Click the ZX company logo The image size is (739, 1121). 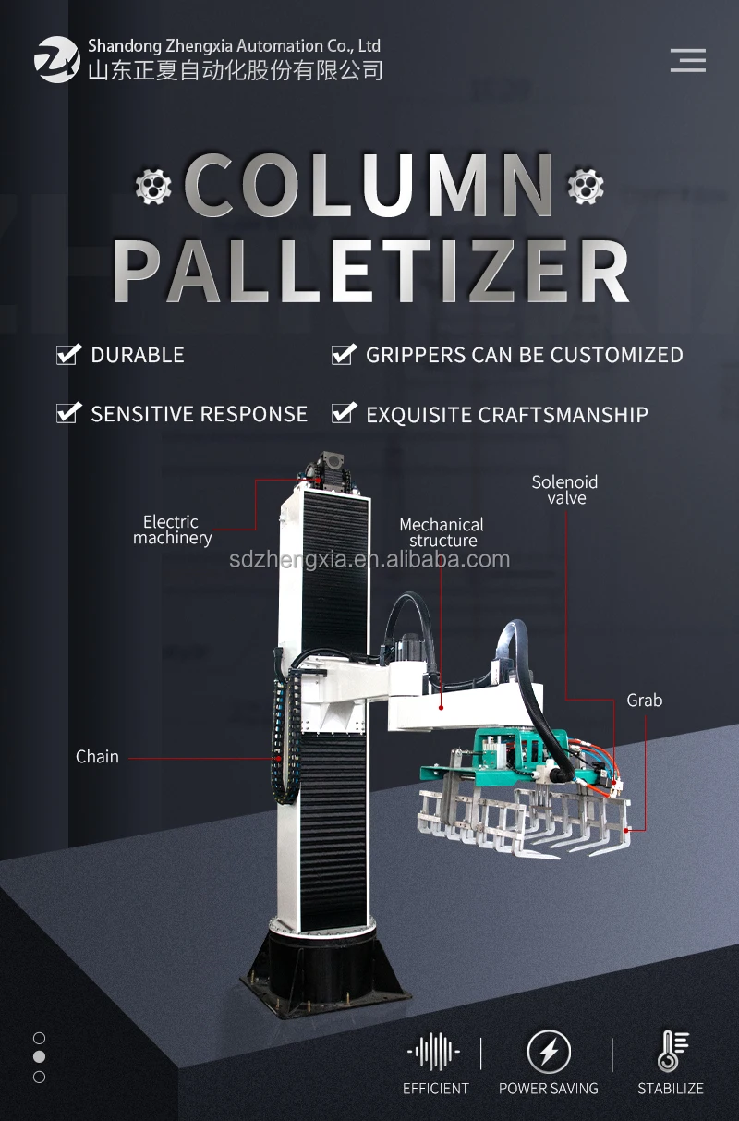(x=56, y=59)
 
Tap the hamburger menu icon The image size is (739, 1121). (x=687, y=60)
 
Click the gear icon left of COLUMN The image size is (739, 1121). (x=153, y=186)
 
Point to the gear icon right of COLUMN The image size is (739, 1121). (x=584, y=186)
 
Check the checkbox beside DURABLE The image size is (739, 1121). (x=68, y=355)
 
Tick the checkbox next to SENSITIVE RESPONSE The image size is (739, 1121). (x=68, y=413)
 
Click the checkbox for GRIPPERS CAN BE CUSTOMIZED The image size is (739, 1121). (x=344, y=355)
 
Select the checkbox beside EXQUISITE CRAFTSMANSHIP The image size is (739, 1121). (x=344, y=414)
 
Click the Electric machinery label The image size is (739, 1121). (x=172, y=530)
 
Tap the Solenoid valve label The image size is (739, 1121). (x=564, y=490)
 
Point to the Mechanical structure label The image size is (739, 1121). (x=442, y=532)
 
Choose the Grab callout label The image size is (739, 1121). (x=645, y=701)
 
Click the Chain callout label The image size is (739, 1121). (x=97, y=757)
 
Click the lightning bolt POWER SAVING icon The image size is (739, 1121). (x=549, y=1052)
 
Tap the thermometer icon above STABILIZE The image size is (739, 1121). (x=671, y=1051)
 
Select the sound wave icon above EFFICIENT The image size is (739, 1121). (x=434, y=1052)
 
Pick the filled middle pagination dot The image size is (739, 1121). (x=39, y=1056)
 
